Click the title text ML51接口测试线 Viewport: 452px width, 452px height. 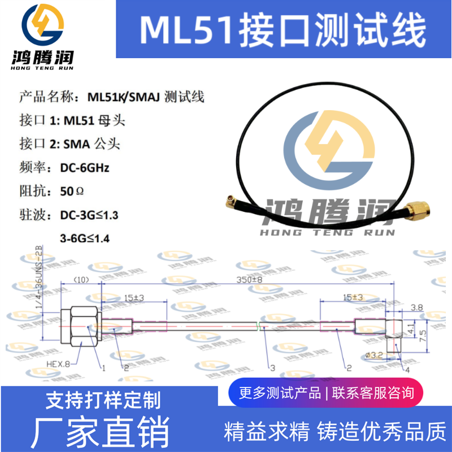(x=282, y=30)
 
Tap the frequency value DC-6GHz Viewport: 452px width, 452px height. (x=84, y=168)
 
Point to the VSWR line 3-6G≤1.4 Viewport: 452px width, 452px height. (x=84, y=238)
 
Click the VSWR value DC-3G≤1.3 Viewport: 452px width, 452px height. (x=89, y=215)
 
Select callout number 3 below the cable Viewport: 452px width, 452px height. (x=272, y=368)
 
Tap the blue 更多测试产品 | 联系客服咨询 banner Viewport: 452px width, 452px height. (x=327, y=392)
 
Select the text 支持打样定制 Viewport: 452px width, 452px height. (x=102, y=400)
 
